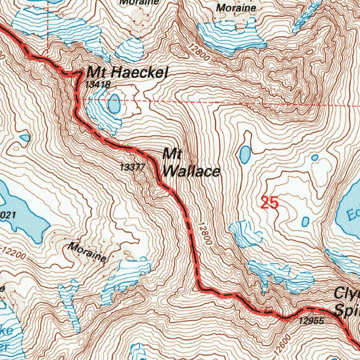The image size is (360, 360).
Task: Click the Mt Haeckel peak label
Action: pos(128,73)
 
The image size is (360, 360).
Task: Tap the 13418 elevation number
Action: pos(98,84)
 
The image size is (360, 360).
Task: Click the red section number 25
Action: pos(270,203)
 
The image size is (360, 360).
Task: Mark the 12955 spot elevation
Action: pos(311,321)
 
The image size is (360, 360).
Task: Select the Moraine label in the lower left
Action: pos(88,252)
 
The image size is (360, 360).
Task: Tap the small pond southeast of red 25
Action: pos(305,222)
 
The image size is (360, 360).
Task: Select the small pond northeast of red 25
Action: pos(315,157)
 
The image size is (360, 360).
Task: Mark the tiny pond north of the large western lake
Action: pos(25,138)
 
